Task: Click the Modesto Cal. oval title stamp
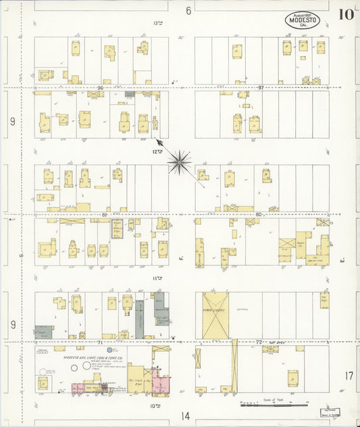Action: (303, 20)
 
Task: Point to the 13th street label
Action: (158, 23)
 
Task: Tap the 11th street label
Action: (157, 278)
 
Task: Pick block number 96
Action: (101, 88)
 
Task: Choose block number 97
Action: (261, 88)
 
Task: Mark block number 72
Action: (258, 343)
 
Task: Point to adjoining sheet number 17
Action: (349, 375)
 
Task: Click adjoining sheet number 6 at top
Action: (188, 10)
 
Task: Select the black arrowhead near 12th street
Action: (159, 142)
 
